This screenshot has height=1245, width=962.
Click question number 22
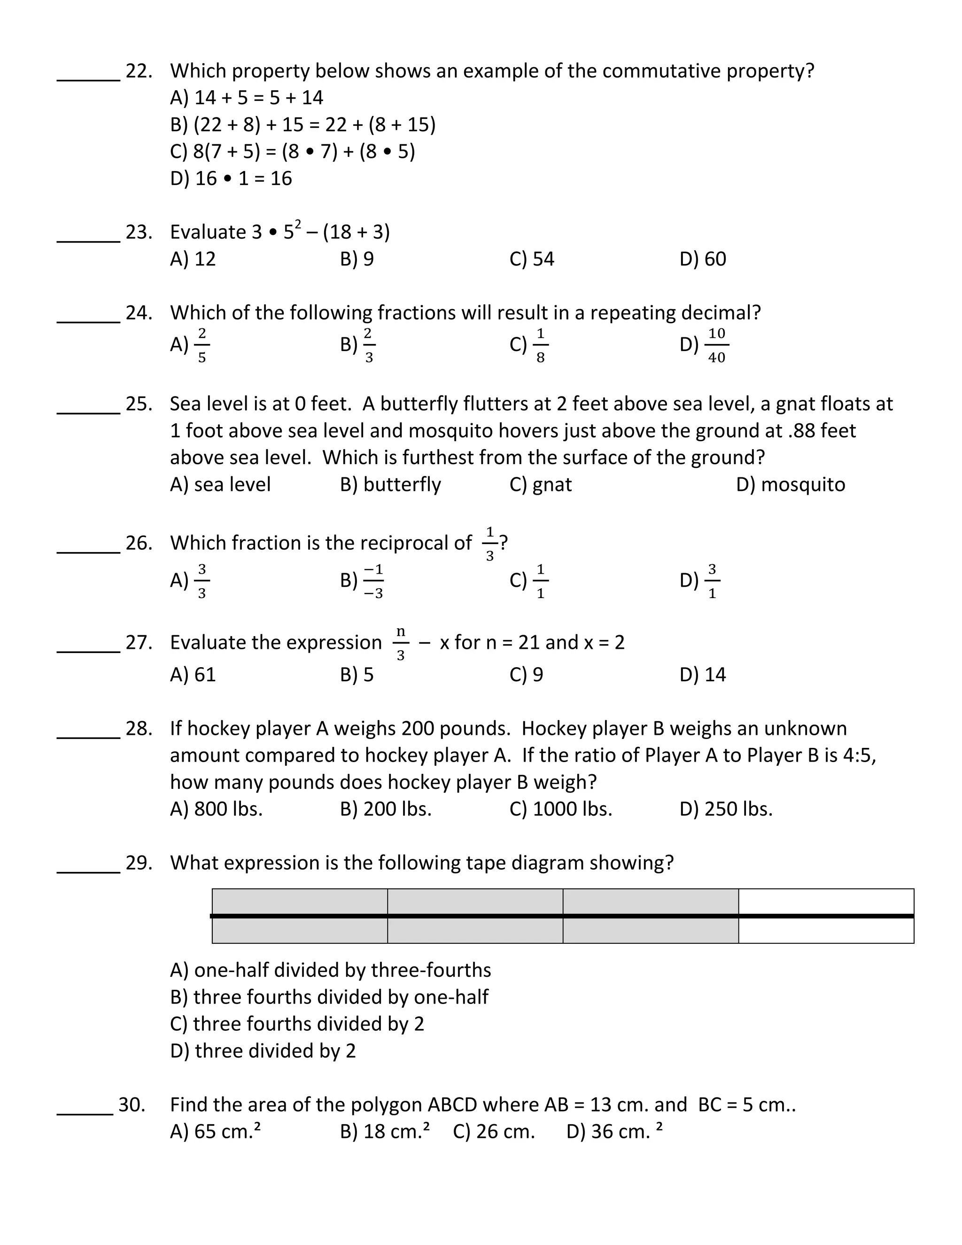pos(139,71)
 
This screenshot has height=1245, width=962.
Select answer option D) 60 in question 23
pos(703,259)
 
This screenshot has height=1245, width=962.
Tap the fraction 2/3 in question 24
pos(369,345)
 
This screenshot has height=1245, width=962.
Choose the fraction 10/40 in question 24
pos(716,345)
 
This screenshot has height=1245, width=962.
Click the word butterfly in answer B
pos(402,484)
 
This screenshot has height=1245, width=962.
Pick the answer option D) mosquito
pos(791,484)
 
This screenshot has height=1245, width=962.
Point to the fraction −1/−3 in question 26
pos(373,581)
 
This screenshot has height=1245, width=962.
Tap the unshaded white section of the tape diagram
pos(826,916)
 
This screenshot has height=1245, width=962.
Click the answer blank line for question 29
pos(88,871)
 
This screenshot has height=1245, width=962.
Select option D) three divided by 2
pos(263,1050)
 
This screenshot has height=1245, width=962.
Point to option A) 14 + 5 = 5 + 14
pos(246,98)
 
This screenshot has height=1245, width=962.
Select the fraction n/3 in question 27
pos(401,644)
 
